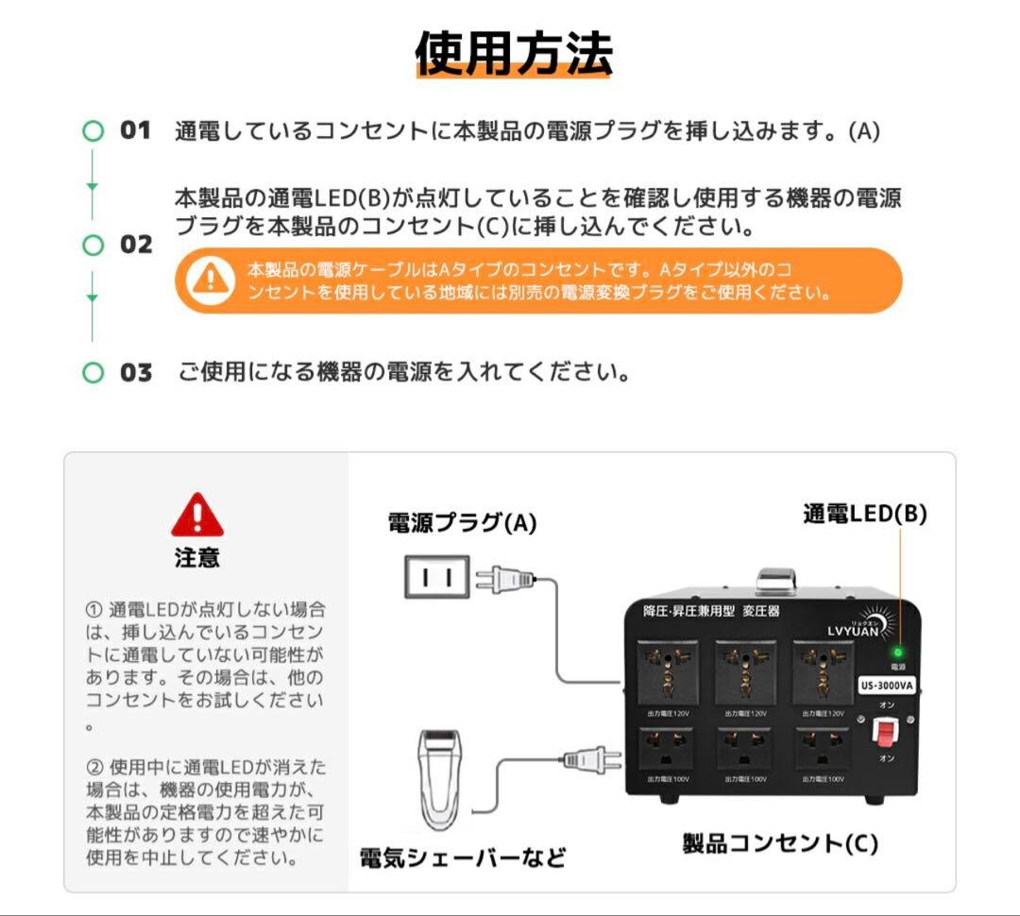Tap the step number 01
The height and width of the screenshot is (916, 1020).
(x=135, y=130)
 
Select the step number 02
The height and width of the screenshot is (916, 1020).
(x=135, y=245)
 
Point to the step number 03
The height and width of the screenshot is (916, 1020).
(x=135, y=373)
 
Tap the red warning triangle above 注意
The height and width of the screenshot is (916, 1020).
(x=197, y=516)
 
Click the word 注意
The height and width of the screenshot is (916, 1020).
(x=197, y=558)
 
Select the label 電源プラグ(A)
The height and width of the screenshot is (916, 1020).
(x=462, y=523)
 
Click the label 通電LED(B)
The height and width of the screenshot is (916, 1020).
(x=864, y=514)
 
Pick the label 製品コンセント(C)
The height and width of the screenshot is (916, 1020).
(x=780, y=842)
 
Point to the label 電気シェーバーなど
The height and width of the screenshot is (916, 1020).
(x=463, y=857)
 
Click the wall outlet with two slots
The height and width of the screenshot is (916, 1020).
(x=436, y=576)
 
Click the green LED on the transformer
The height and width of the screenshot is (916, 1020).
(x=897, y=652)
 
